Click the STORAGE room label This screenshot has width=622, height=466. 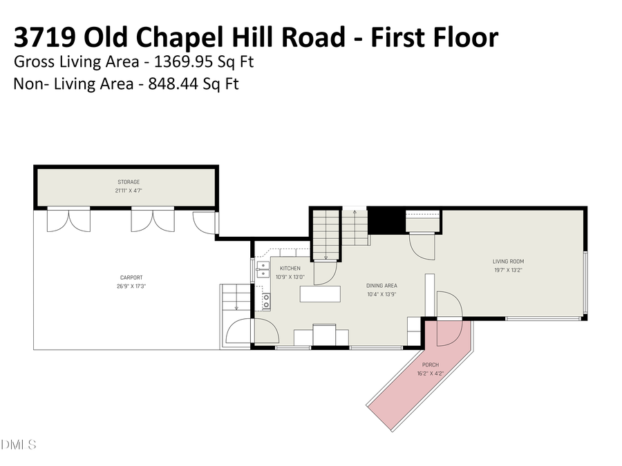[129, 182]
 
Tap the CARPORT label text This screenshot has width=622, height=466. [131, 278]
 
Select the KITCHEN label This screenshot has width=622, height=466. [290, 268]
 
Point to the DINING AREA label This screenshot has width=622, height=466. [381, 286]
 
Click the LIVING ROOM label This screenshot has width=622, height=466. [508, 262]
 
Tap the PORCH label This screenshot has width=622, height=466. [431, 365]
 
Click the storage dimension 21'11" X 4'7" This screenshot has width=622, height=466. [129, 191]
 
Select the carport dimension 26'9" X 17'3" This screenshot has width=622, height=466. [131, 286]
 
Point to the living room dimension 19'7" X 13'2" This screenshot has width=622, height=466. [508, 270]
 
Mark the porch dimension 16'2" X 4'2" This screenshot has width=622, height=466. [431, 373]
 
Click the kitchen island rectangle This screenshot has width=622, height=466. [321, 294]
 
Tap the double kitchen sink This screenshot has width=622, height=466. [263, 269]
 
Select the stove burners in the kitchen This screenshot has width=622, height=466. [265, 301]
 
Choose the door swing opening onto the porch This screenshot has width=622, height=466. [448, 305]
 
